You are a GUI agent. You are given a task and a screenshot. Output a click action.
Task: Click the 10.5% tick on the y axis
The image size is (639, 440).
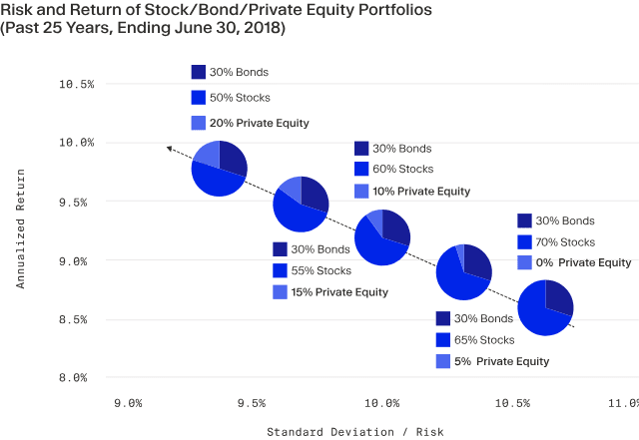coord(77,85)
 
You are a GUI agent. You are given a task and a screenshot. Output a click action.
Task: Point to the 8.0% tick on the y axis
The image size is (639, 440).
coord(77,378)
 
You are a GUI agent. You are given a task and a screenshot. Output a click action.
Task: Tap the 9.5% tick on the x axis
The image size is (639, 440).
coord(251,403)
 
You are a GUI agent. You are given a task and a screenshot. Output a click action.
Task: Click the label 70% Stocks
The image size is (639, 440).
coord(565,241)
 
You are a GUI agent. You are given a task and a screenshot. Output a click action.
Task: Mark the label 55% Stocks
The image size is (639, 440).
coord(320,270)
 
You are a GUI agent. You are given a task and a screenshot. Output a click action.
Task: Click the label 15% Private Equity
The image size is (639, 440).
coord(339,292)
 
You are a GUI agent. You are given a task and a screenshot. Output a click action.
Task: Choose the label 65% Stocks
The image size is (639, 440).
coord(483,339)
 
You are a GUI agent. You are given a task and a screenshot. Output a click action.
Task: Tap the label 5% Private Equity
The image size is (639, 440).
coord(501,361)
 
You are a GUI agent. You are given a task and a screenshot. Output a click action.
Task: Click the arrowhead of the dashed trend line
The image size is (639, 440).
coord(169,149)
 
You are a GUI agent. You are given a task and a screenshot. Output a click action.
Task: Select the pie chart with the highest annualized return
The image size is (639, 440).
coord(219,168)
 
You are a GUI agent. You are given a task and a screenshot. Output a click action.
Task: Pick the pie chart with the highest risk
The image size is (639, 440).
coord(546,308)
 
